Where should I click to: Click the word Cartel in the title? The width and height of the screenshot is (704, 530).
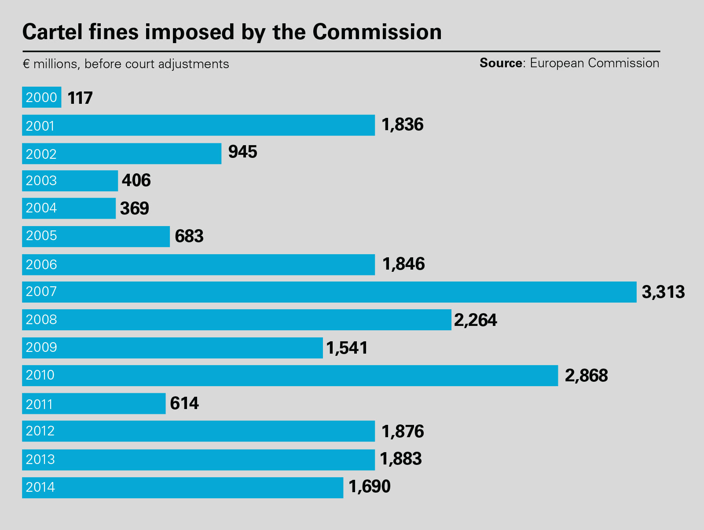(x=52, y=32)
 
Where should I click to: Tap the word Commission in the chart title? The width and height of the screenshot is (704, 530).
(x=377, y=32)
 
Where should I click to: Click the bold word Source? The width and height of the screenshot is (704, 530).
(x=501, y=63)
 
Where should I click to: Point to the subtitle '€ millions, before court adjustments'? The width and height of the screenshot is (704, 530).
(x=126, y=64)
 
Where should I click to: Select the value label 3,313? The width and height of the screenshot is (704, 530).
(x=663, y=292)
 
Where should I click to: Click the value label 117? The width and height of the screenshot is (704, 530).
(x=80, y=98)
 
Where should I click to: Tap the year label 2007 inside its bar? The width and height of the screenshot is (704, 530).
(x=41, y=292)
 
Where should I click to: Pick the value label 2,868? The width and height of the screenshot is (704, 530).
(x=586, y=376)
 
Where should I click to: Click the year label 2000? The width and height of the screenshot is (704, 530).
(x=41, y=97)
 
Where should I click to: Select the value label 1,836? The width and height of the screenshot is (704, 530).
(x=402, y=125)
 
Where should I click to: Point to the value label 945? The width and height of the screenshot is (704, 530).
(x=242, y=152)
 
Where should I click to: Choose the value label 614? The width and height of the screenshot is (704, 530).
(x=184, y=403)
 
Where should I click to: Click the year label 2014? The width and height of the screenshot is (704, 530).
(x=40, y=487)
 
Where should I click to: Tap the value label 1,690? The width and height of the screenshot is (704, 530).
(x=369, y=487)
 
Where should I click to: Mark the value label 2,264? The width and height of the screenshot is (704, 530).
(x=475, y=320)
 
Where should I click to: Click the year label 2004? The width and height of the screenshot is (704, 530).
(x=41, y=208)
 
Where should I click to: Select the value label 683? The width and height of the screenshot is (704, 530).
(x=189, y=236)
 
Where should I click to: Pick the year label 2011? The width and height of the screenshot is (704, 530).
(x=40, y=404)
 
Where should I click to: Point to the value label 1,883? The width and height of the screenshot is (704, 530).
(x=400, y=459)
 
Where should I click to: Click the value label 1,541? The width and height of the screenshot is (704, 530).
(x=347, y=348)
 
